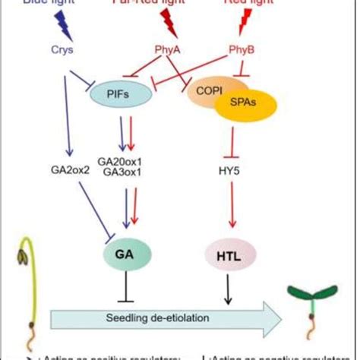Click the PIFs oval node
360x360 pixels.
pyautogui.click(x=118, y=96)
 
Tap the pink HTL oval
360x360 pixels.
pyautogui.click(x=230, y=251)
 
